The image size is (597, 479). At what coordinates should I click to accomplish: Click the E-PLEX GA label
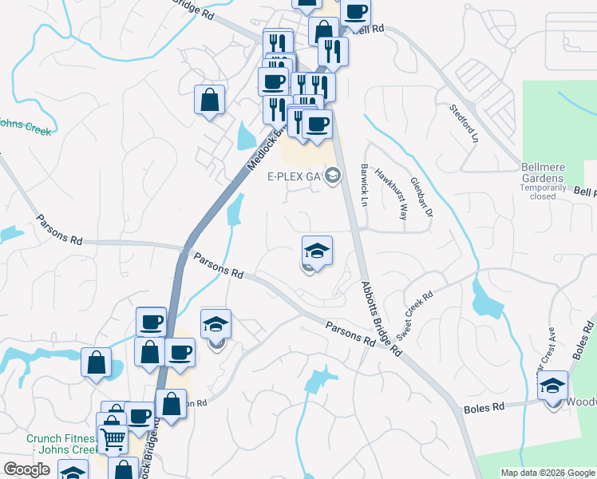click(295, 177)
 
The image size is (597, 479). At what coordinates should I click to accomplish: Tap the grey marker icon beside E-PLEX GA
click(334, 176)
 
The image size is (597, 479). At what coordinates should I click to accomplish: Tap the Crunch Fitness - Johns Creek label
click(61, 444)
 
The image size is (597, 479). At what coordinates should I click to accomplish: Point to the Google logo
click(26, 469)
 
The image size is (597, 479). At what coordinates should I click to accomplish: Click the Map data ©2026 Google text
click(548, 473)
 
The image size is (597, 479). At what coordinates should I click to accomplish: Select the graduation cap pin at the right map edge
click(552, 386)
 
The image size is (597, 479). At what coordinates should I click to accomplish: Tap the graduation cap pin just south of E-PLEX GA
click(317, 251)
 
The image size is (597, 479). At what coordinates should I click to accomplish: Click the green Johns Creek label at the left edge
click(24, 127)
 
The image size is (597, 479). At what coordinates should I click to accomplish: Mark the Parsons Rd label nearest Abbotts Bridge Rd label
click(350, 332)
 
